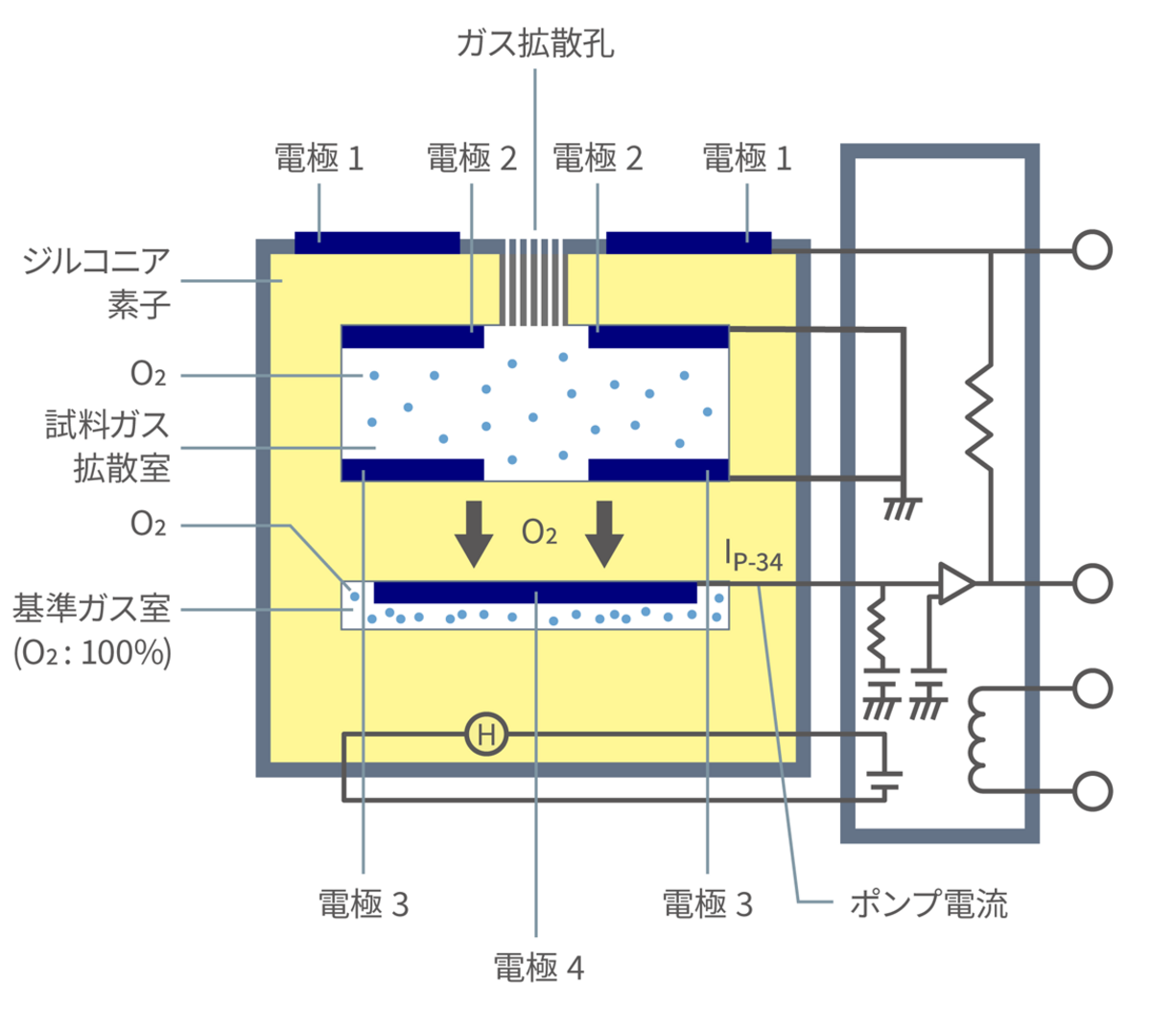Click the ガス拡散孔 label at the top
pos(534,43)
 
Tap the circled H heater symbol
pos(486,735)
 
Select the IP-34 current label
pos(754,556)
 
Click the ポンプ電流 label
pos(928,903)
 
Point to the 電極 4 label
pos(538,968)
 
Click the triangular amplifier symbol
pos(955,582)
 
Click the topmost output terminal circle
pos(1092,250)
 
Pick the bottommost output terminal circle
pos(1092,791)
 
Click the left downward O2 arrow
pos(473,532)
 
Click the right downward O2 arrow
pos(604,532)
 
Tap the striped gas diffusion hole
pos(534,281)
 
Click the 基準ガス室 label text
pos(91,609)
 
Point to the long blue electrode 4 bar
pos(534,592)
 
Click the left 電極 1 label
pos(318,158)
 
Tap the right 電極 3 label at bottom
pos(707,903)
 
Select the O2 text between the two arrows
pos(539,533)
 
